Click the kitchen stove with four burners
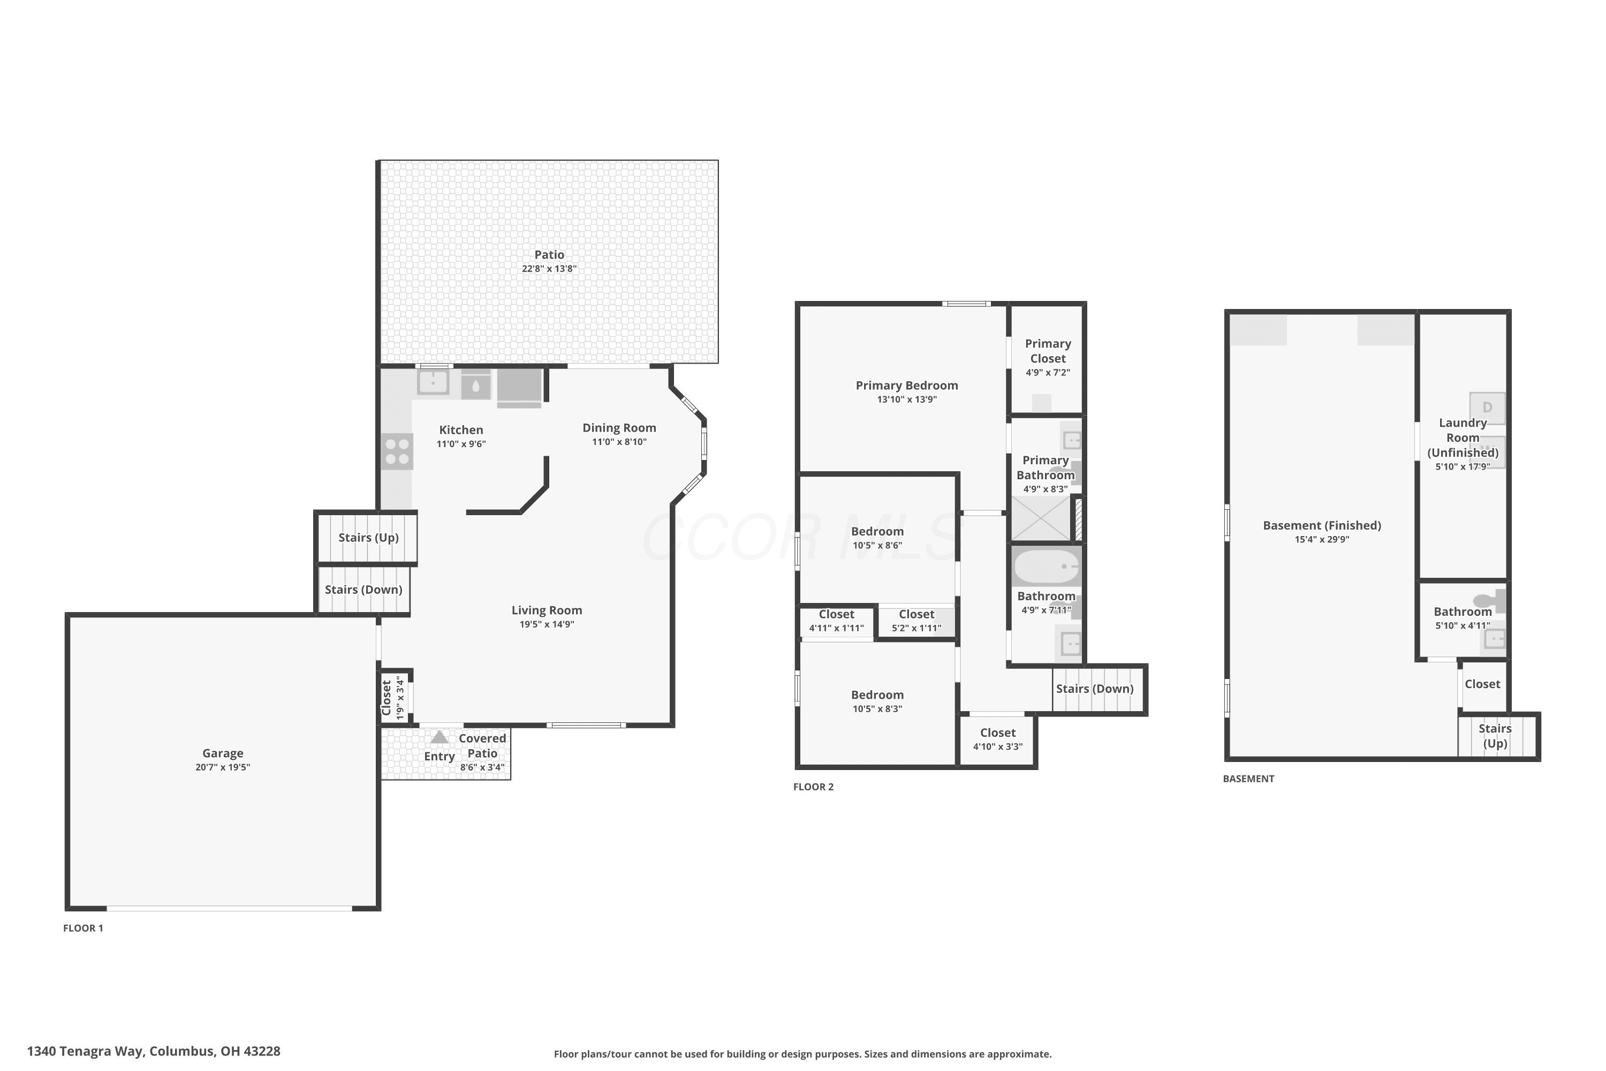397,451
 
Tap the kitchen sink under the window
433,382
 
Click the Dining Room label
619,427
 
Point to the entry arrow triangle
439,737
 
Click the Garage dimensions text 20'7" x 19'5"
223,767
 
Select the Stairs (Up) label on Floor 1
369,538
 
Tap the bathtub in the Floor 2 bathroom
1046,566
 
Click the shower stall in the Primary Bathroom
1041,518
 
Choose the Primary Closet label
1048,351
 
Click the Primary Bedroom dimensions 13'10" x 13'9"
907,399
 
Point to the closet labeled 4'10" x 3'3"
998,740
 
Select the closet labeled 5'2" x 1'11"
916,621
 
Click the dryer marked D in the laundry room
1487,408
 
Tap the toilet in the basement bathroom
1489,601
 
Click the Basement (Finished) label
1322,525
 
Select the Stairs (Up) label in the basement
1495,736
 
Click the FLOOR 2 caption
813,787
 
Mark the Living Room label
547,610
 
